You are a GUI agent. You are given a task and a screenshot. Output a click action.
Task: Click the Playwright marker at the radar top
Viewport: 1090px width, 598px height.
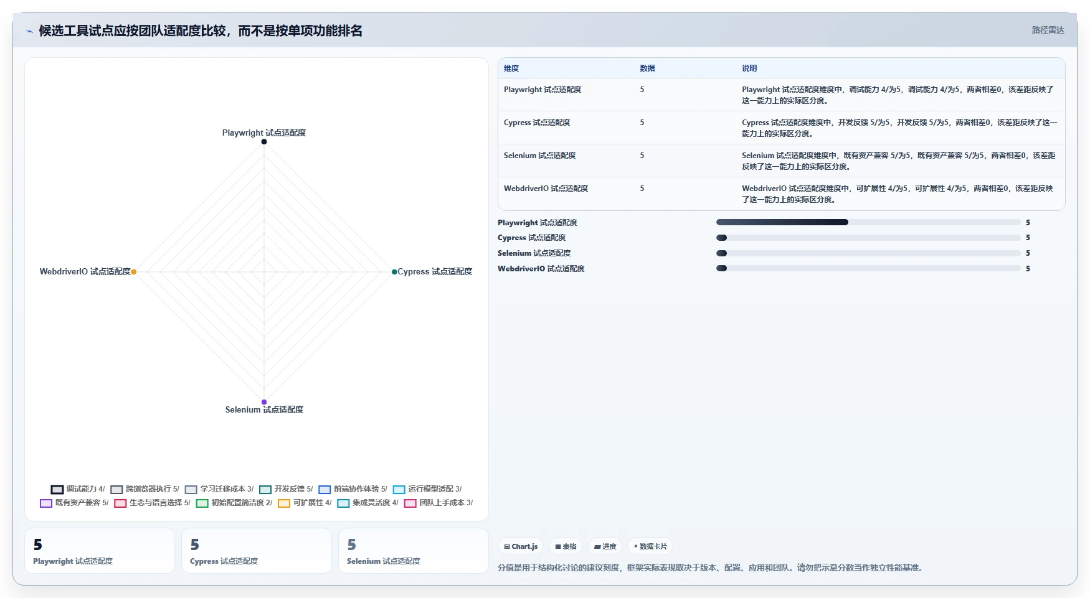264,142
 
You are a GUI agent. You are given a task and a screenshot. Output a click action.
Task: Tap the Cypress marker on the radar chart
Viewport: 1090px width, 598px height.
394,272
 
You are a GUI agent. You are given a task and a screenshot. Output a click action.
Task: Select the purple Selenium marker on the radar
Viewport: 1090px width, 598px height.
264,402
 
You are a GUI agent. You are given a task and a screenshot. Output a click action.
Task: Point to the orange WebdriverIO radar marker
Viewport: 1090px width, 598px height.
134,272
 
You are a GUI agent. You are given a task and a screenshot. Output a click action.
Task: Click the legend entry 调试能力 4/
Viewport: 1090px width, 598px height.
78,489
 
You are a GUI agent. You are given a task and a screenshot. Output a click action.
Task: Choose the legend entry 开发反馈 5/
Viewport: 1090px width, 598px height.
286,489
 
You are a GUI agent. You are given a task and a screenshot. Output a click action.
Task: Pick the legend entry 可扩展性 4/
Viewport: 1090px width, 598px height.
305,503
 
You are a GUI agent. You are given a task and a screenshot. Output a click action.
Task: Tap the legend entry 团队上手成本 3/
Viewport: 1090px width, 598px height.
438,503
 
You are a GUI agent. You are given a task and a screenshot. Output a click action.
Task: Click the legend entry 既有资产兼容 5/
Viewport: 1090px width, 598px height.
74,503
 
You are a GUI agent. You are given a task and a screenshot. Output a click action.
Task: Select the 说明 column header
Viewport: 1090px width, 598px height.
749,68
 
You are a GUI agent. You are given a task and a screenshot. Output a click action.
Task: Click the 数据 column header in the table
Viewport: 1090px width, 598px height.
647,68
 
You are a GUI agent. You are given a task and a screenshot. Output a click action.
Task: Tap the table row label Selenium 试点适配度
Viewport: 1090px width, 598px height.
539,156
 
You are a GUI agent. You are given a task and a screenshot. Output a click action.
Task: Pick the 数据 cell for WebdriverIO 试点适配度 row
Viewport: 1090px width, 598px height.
642,189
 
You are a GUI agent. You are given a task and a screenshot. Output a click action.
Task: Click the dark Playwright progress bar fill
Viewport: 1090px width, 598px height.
782,222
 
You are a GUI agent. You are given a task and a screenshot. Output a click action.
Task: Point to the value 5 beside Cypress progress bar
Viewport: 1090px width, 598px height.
1028,238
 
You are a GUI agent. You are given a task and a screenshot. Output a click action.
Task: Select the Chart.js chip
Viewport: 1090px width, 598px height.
521,546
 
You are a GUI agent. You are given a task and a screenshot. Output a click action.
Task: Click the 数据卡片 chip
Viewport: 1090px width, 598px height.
650,546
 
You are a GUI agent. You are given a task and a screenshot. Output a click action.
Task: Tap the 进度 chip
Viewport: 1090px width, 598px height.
605,546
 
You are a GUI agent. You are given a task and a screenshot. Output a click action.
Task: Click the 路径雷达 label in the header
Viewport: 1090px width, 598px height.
1048,30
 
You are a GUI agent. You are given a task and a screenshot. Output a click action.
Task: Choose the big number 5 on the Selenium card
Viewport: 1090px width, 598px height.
351,545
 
